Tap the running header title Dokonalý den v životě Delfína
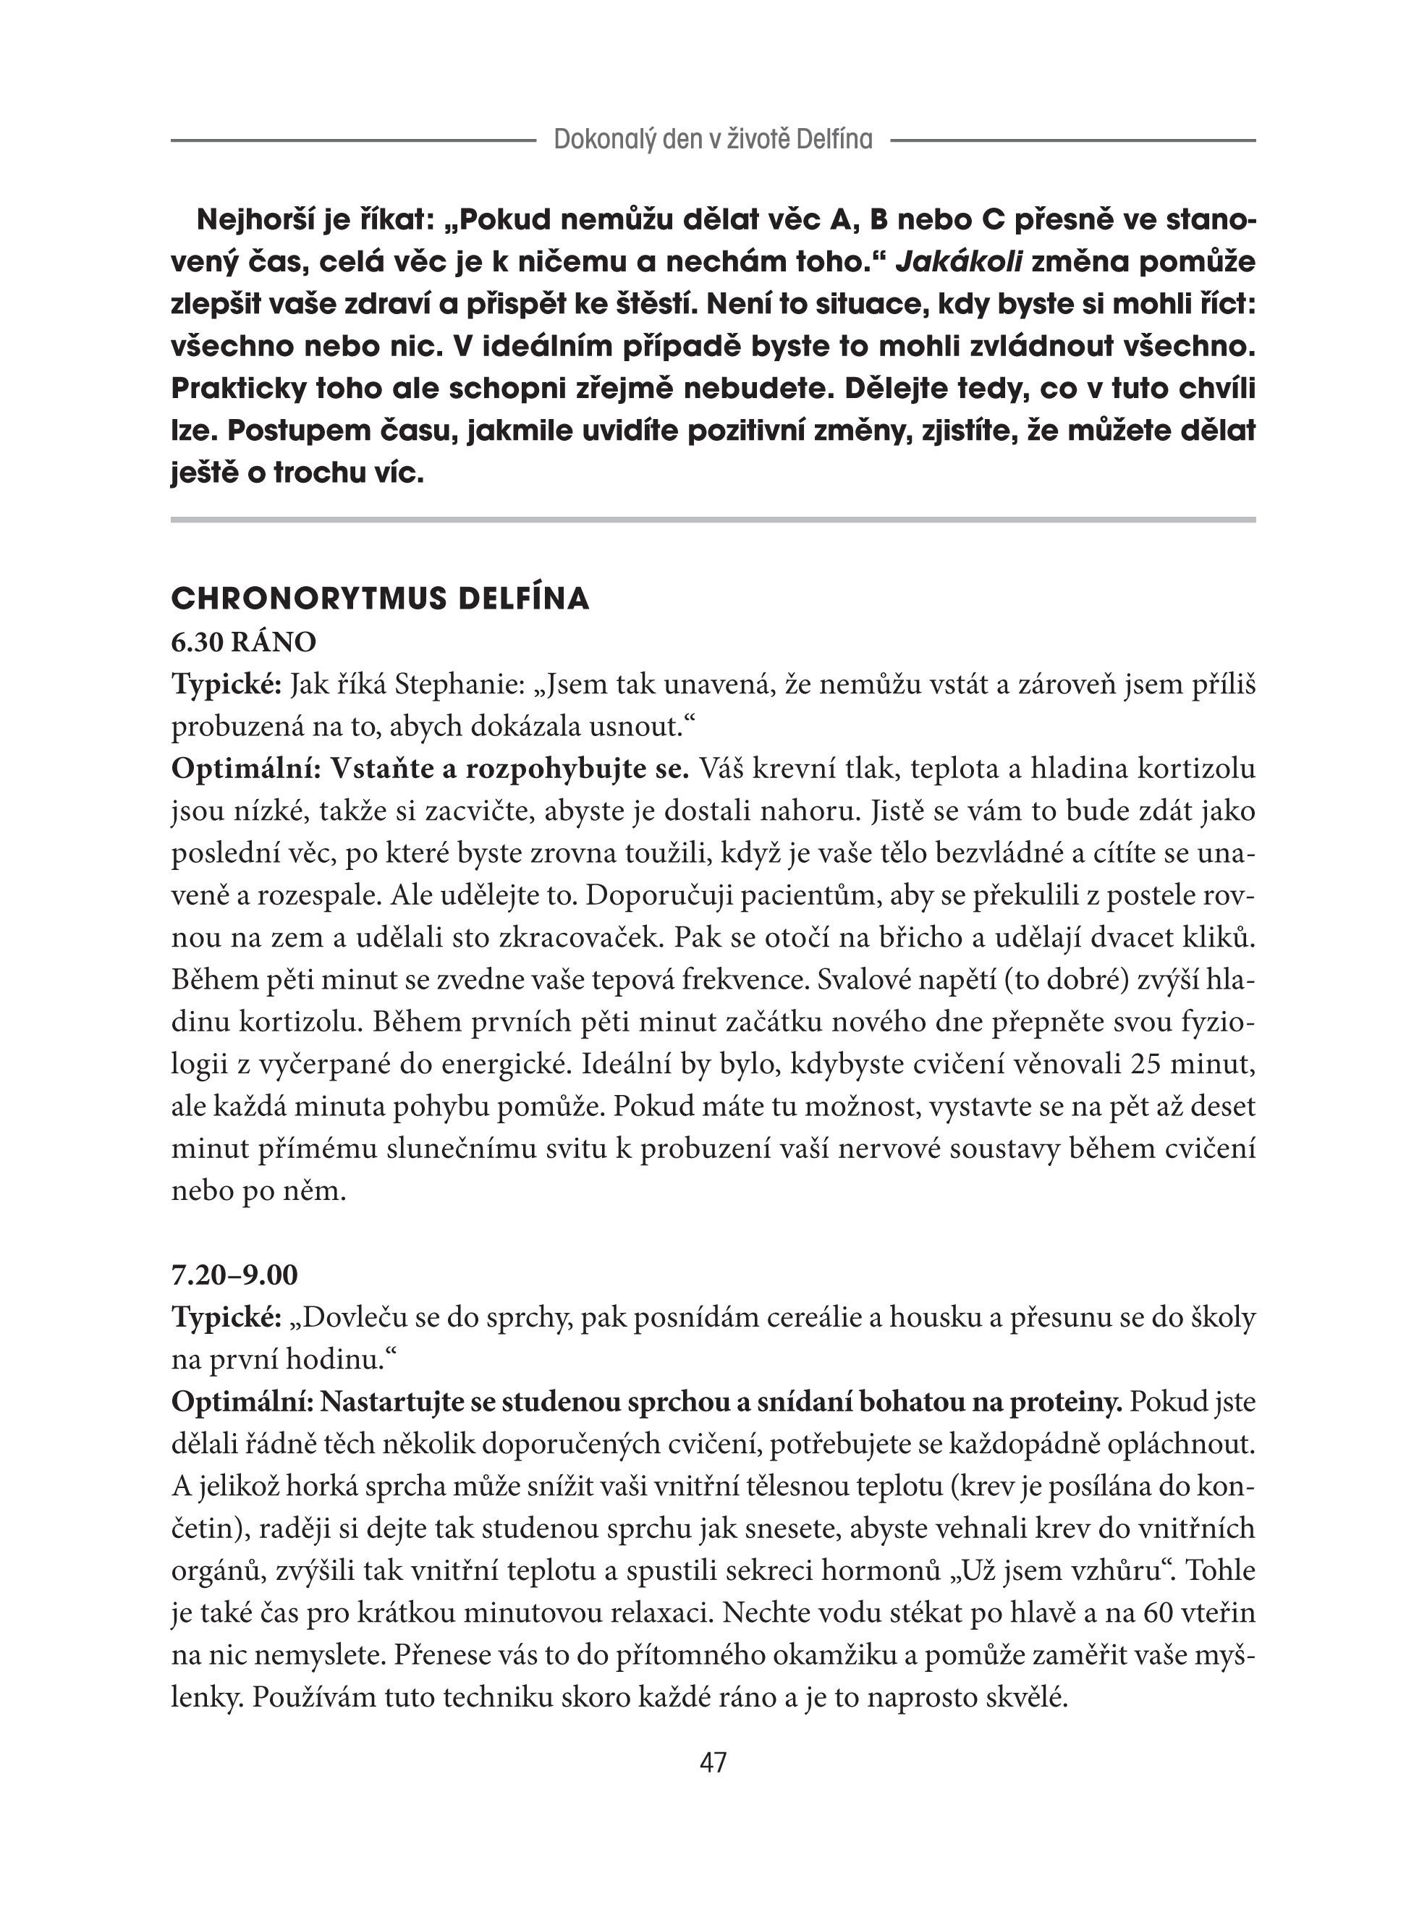pyautogui.click(x=713, y=139)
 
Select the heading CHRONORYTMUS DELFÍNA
pyautogui.click(x=380, y=599)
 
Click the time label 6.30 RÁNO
pyautogui.click(x=244, y=642)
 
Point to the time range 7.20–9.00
pyautogui.click(x=235, y=1275)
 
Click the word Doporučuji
pyautogui.click(x=659, y=895)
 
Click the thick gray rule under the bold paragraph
pyautogui.click(x=713, y=519)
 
